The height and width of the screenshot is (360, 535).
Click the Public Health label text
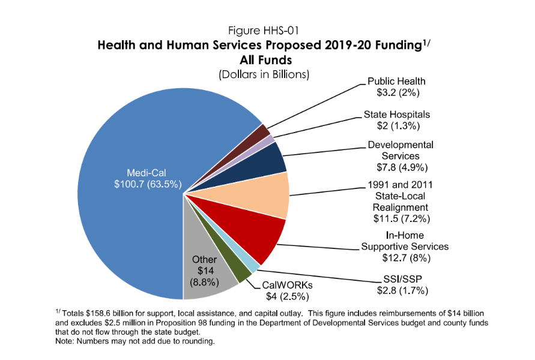(x=396, y=82)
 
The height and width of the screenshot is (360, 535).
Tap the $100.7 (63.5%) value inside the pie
(x=148, y=185)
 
